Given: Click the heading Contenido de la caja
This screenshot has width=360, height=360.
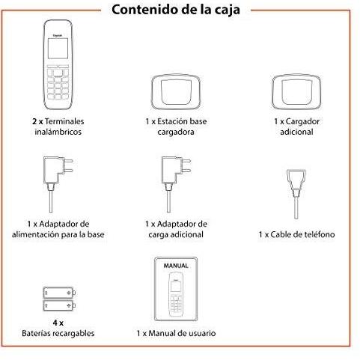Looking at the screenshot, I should (180, 10).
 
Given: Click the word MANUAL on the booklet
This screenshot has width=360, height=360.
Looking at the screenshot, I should (175, 266).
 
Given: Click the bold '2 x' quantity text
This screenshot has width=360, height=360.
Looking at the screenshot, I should (38, 120).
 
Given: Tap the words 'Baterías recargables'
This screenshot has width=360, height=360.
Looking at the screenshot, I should (58, 333).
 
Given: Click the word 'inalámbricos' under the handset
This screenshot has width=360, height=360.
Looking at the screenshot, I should (57, 131).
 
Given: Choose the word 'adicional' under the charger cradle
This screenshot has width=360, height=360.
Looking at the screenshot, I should (297, 131).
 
